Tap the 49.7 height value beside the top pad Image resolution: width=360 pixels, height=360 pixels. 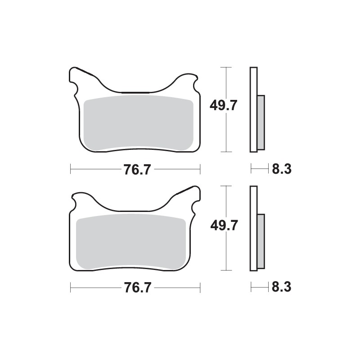coord(223,106)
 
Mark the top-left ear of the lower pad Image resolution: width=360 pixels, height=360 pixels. coord(81,198)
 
